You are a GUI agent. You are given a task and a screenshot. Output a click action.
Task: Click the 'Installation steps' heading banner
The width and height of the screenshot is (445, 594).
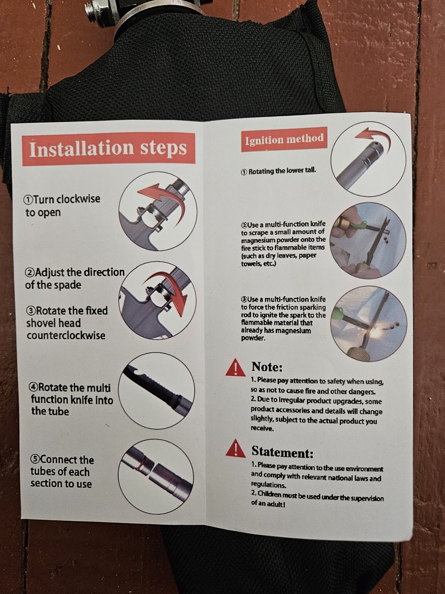(x=109, y=148)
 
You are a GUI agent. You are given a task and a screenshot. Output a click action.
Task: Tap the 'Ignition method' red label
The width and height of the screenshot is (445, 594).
(x=284, y=139)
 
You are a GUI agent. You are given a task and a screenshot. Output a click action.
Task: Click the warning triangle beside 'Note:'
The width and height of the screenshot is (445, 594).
(x=235, y=367)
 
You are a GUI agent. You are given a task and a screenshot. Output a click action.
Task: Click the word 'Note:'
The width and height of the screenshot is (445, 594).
(x=267, y=367)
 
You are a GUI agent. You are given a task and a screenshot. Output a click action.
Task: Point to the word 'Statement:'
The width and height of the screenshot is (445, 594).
(x=282, y=452)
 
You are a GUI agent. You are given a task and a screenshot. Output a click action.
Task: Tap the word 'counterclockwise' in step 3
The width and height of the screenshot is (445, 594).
(x=66, y=336)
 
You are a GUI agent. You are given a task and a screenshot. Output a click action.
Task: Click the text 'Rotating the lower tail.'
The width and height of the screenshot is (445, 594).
(x=279, y=171)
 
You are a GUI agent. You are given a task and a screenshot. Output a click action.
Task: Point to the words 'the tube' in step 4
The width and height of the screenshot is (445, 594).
(x=50, y=412)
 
